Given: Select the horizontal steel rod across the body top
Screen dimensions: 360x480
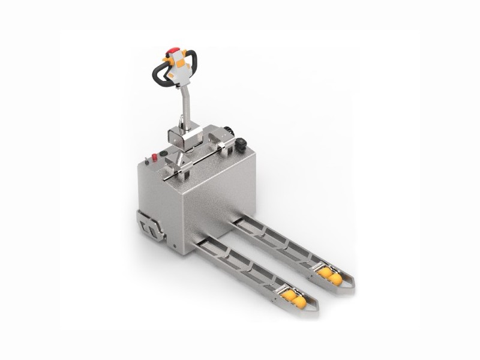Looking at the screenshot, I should click(x=198, y=158).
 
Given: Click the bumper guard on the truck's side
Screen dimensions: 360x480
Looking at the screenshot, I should click(x=148, y=227).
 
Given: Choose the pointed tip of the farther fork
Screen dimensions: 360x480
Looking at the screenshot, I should click(x=350, y=287).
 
